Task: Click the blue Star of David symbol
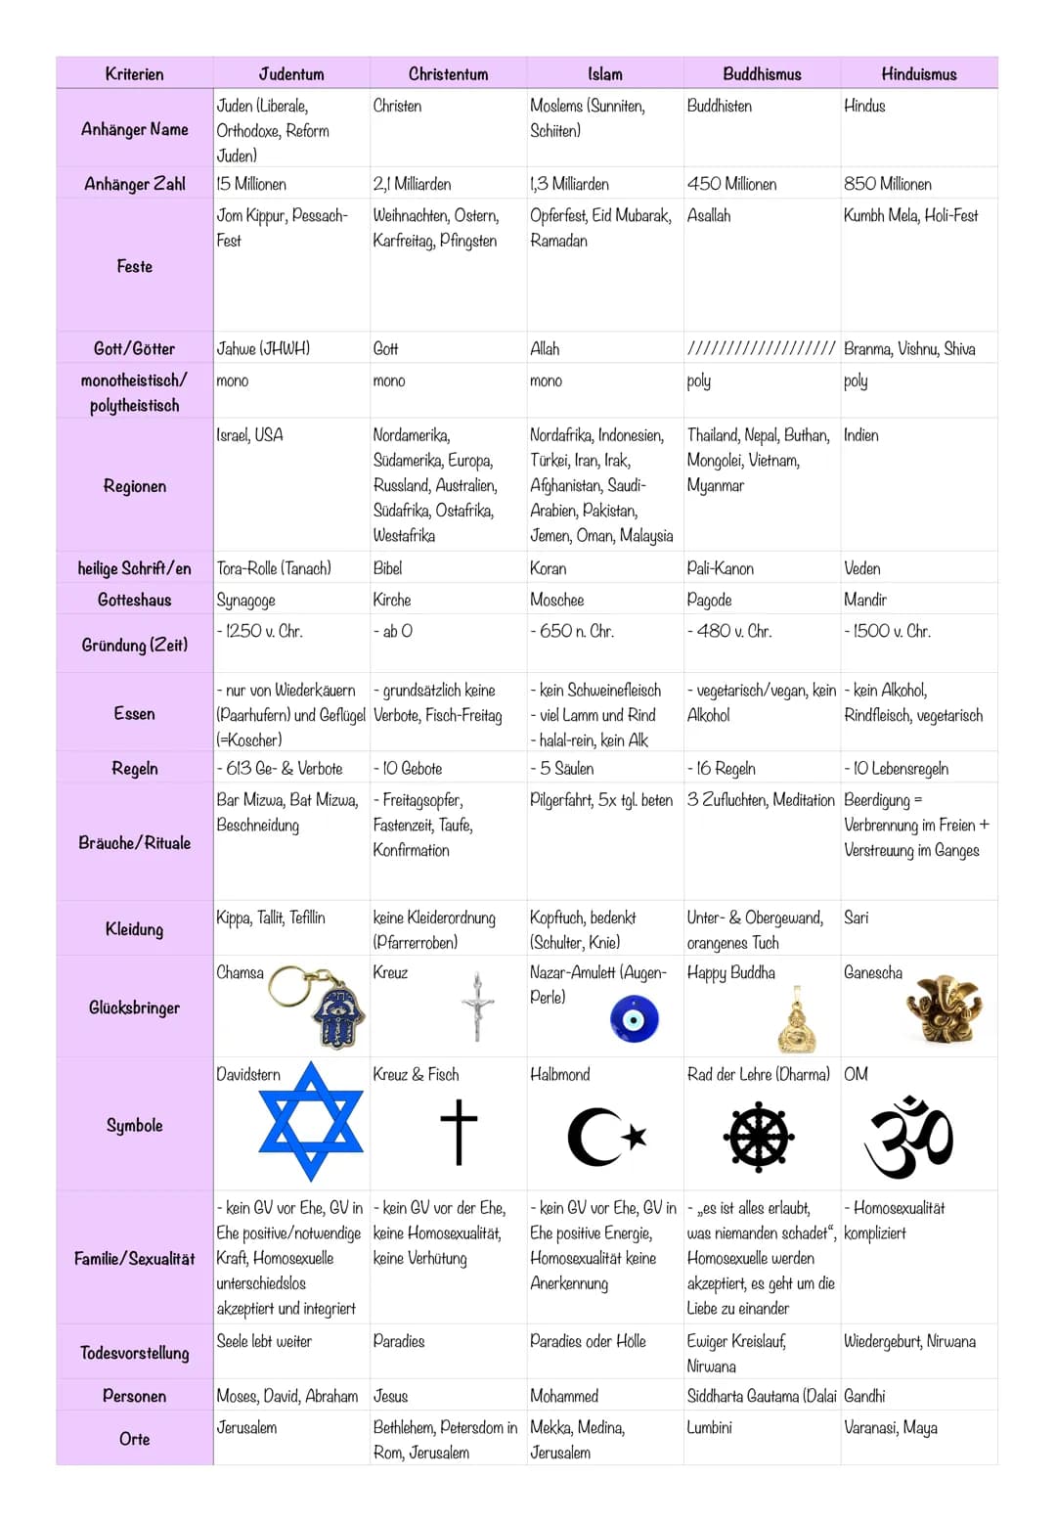click(x=311, y=1121)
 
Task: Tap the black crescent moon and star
click(x=606, y=1137)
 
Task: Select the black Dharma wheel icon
click(x=759, y=1138)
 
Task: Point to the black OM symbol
click(x=909, y=1137)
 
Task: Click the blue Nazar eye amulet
click(x=634, y=1019)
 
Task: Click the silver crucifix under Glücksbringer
click(x=477, y=1008)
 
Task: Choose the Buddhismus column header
click(x=762, y=74)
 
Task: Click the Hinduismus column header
click(x=918, y=74)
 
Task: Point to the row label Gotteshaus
click(x=135, y=600)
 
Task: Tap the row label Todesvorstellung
click(x=135, y=1353)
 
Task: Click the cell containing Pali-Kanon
click(x=721, y=568)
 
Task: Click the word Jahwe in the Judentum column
click(x=237, y=349)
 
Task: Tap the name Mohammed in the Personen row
click(x=564, y=1396)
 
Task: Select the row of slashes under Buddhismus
click(x=762, y=349)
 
